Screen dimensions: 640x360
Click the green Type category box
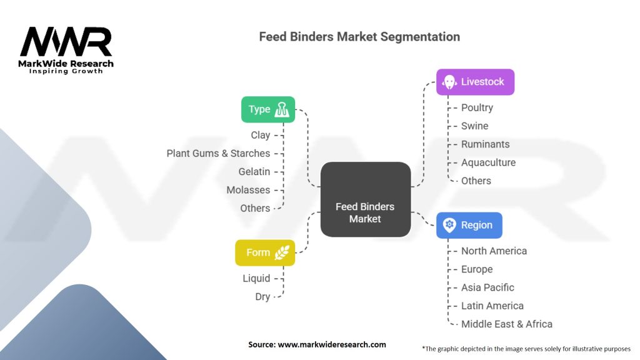pos(267,109)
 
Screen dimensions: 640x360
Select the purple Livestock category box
pos(475,82)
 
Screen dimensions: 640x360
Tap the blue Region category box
pos(469,225)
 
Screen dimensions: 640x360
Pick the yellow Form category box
pos(265,252)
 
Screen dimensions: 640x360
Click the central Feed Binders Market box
pos(365,199)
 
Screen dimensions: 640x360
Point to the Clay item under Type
pos(261,135)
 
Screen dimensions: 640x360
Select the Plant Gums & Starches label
pos(218,154)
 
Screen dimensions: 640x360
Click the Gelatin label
pos(254,172)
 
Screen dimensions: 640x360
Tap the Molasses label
pos(248,190)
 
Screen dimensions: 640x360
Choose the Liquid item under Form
pos(256,278)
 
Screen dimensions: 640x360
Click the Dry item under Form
pos(262,297)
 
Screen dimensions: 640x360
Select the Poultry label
pos(477,107)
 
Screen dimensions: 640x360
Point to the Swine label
pos(475,126)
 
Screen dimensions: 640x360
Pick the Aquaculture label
pos(489,162)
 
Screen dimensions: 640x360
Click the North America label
pos(494,251)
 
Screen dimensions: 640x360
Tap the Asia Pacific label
pos(487,287)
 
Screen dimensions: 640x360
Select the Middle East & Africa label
pos(507,324)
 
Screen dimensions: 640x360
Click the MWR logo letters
pos(66,42)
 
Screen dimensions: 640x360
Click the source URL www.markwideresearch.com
pos(332,344)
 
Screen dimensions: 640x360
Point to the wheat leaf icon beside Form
pos(282,252)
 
